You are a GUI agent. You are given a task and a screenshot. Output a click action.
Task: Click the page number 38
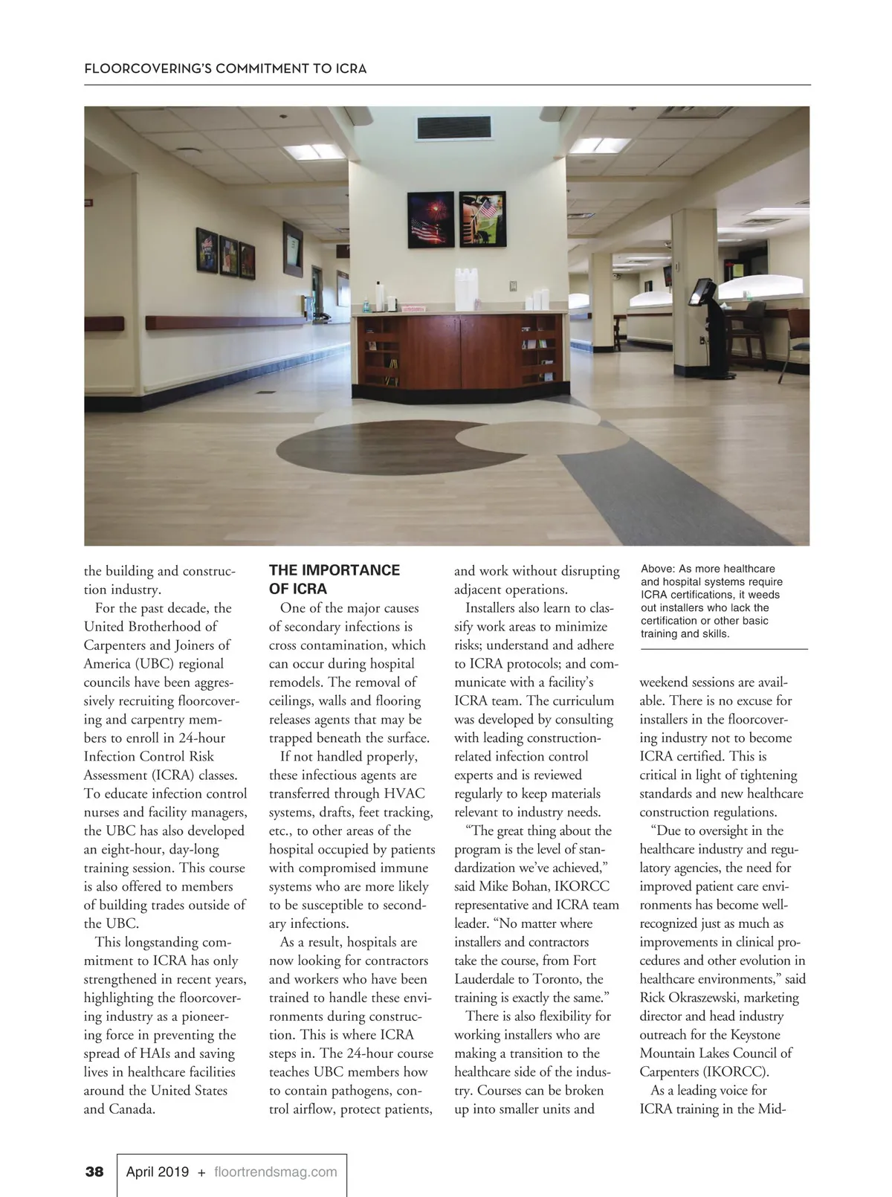pyautogui.click(x=94, y=1172)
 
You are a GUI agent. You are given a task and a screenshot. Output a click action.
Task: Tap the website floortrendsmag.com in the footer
pyautogui.click(x=275, y=1172)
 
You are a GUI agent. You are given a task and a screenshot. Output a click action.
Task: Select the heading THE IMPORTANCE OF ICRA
pyautogui.click(x=334, y=579)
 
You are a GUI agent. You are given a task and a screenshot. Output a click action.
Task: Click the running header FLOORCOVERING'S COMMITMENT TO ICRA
pyautogui.click(x=225, y=68)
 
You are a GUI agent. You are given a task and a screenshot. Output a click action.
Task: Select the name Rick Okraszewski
pyautogui.click(x=689, y=998)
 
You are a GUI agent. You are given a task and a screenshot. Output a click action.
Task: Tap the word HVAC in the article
pyautogui.click(x=404, y=793)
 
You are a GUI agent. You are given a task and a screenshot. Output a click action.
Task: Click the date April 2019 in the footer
pyautogui.click(x=158, y=1172)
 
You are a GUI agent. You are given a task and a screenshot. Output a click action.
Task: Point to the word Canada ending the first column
pyautogui.click(x=131, y=1109)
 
